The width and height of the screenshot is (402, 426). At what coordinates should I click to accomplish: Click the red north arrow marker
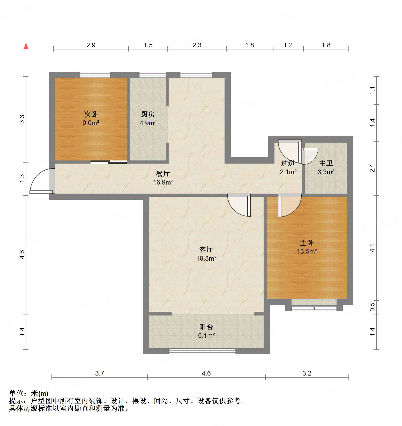26,46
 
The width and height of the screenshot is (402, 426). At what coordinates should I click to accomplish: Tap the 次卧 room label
91,114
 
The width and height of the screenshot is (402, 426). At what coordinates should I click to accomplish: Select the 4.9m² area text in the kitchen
148,123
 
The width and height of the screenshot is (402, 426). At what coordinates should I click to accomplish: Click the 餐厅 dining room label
163,174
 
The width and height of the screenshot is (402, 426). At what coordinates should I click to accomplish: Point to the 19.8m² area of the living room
206,258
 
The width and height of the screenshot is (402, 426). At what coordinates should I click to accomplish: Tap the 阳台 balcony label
206,327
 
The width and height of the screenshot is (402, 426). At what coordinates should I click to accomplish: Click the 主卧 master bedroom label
307,243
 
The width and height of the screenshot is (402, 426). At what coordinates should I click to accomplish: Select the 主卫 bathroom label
326,163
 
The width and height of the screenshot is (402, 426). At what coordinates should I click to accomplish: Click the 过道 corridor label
288,163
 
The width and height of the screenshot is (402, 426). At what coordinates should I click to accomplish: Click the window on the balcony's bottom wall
202,351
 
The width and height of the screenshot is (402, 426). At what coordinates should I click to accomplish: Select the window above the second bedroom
95,75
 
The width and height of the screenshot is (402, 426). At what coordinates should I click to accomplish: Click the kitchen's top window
153,75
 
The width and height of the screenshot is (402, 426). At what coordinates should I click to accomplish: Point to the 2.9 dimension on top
91,45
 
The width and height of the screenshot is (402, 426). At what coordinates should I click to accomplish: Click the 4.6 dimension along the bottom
206,373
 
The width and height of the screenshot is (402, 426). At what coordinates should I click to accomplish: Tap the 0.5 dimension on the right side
372,307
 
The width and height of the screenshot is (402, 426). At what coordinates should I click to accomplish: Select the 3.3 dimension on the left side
22,119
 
